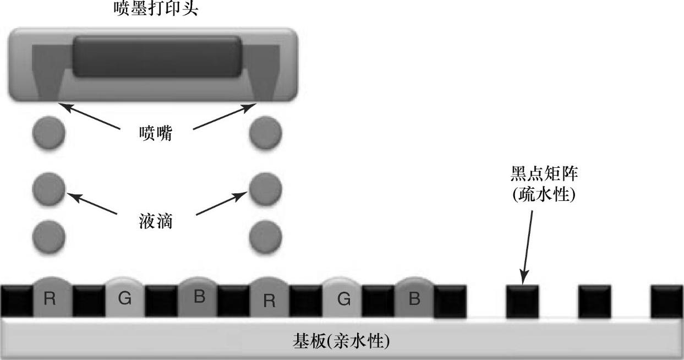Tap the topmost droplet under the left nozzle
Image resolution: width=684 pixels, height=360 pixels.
tap(48, 133)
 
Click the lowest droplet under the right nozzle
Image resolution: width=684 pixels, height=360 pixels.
tap(265, 238)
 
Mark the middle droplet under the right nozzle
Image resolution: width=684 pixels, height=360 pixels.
tap(265, 188)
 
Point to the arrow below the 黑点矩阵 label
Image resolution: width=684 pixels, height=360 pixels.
tap(528, 242)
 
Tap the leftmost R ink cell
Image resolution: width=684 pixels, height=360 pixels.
tap(50, 299)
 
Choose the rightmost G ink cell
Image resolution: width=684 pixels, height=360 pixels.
tap(343, 299)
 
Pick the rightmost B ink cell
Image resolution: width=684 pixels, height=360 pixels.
tap(415, 299)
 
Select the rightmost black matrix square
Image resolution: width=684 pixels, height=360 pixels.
tap(667, 301)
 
